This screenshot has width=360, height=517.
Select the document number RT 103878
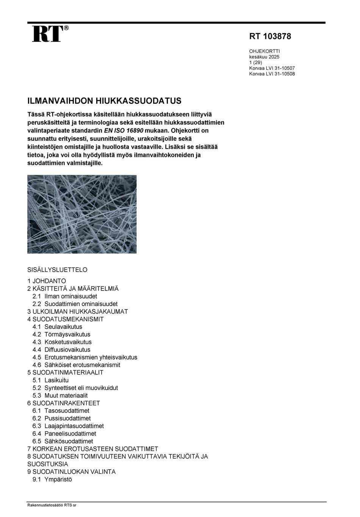[270, 36]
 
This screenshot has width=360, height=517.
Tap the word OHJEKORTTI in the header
[265, 51]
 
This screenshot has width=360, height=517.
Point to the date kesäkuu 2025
[264, 57]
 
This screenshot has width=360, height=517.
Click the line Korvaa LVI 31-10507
[272, 68]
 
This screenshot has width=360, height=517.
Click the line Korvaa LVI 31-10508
[272, 74]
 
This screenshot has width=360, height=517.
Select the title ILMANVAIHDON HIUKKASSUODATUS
[104, 101]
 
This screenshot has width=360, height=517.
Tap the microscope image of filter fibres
[82, 214]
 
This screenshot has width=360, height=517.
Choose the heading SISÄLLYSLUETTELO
[57, 270]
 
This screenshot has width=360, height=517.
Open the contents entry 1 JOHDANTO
[47, 281]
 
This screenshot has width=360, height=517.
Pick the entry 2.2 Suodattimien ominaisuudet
[75, 304]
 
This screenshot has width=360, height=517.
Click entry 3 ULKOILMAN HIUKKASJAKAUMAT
[78, 311]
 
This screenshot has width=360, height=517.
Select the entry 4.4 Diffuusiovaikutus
[61, 350]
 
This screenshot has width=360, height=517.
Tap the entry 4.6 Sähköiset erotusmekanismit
[76, 365]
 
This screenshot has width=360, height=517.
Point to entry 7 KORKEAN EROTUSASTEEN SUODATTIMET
[93, 449]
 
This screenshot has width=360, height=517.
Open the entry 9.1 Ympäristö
[52, 479]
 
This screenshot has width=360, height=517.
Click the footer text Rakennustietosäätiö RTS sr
[52, 505]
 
